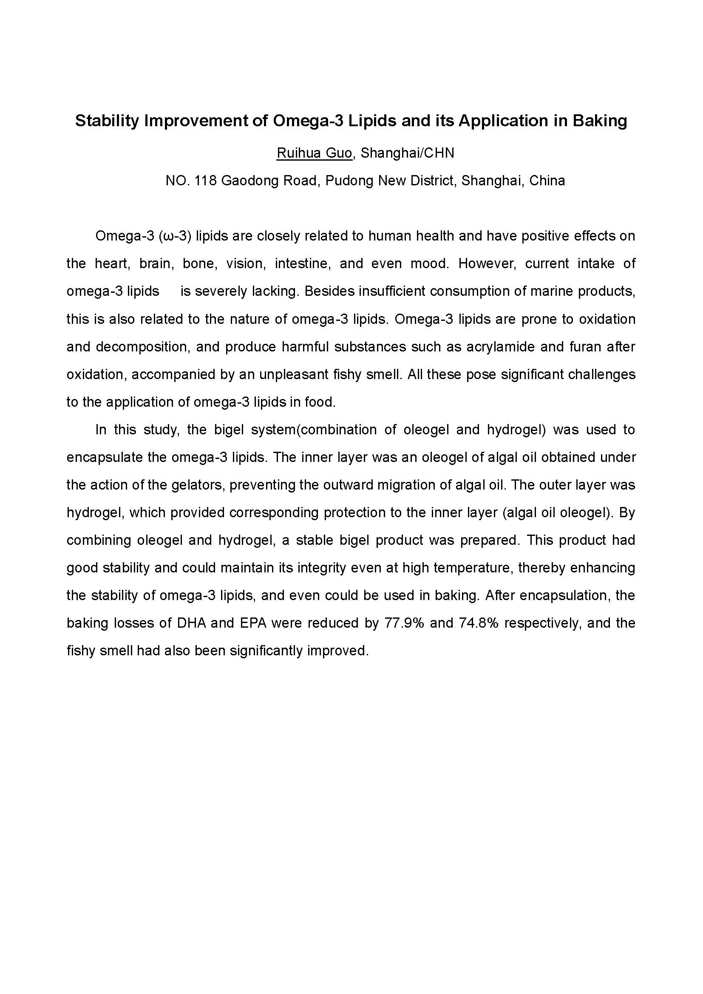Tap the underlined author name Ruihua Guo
coord(314,153)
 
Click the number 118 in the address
coord(206,181)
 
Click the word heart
coord(113,263)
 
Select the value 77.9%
coord(404,623)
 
